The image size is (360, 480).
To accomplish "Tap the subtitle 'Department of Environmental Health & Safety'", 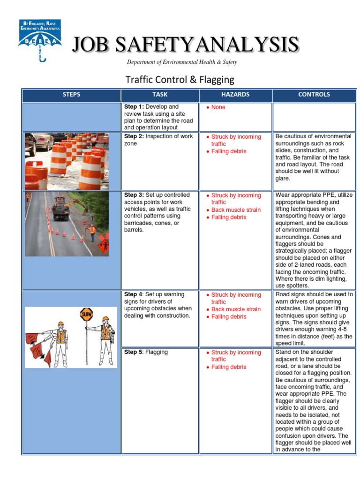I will [x=182, y=62].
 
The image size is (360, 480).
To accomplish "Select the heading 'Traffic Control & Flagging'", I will [x=180, y=79].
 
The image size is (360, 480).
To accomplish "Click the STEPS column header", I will [x=71, y=95].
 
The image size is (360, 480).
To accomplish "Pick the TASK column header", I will [x=160, y=95].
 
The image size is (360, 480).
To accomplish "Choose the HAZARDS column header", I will [x=235, y=95].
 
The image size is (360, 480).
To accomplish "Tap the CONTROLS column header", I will [x=314, y=95].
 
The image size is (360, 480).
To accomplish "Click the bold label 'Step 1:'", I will [x=134, y=107].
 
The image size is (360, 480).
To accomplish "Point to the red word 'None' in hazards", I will [x=218, y=107].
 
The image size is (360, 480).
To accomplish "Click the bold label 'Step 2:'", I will [x=134, y=136].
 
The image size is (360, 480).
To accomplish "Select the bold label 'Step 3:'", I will [x=134, y=195].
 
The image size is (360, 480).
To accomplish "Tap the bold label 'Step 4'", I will [x=133, y=294].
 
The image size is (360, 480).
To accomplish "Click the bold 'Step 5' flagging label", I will [x=133, y=352].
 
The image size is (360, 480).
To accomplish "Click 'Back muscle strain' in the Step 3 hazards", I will [x=236, y=210].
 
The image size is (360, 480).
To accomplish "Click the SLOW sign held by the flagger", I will [x=86, y=314].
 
